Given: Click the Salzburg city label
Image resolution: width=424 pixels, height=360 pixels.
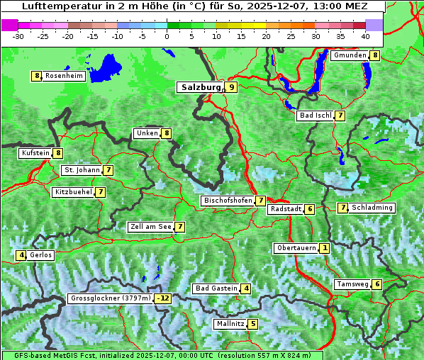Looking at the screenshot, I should [x=201, y=87].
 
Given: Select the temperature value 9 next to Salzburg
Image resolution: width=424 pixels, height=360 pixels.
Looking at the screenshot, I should [x=232, y=87].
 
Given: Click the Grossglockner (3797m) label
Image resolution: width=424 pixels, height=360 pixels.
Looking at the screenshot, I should [x=111, y=298].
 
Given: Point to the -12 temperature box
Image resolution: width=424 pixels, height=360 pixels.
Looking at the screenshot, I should [x=164, y=298].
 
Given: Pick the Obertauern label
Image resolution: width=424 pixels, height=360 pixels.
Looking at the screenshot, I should [x=296, y=248].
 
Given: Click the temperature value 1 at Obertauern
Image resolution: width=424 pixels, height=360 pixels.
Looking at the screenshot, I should [x=324, y=248].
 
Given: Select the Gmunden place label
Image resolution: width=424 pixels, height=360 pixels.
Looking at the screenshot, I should [x=350, y=55].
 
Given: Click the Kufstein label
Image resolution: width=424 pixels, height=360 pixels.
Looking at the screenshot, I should [x=35, y=152].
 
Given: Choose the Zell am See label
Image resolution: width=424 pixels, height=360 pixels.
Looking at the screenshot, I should [x=151, y=227].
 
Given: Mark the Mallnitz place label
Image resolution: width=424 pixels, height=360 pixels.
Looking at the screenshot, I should [x=230, y=324].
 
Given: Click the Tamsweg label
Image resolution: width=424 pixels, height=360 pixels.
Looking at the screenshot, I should [x=352, y=284].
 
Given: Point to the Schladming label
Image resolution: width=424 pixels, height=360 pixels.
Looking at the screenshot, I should [x=372, y=208].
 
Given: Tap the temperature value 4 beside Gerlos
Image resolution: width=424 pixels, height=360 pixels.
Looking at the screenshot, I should [x=22, y=255].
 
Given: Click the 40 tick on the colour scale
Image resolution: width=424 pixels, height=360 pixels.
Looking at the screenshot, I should [x=364, y=35].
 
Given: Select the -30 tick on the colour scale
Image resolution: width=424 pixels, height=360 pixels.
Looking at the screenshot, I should [x=18, y=35].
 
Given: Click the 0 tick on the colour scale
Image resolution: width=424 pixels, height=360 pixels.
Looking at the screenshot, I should [x=167, y=35].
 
